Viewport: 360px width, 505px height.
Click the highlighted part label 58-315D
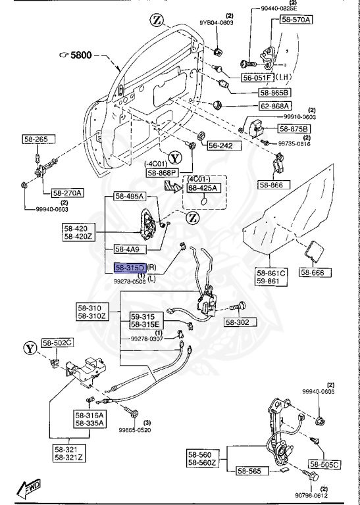coord(130,268)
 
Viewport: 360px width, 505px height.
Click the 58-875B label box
coord(295,128)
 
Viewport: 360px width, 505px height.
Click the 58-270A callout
coord(68,193)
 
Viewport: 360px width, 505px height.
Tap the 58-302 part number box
coord(242,323)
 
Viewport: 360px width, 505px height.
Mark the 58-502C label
coord(58,343)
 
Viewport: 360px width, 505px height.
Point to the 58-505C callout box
coord(324,465)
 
